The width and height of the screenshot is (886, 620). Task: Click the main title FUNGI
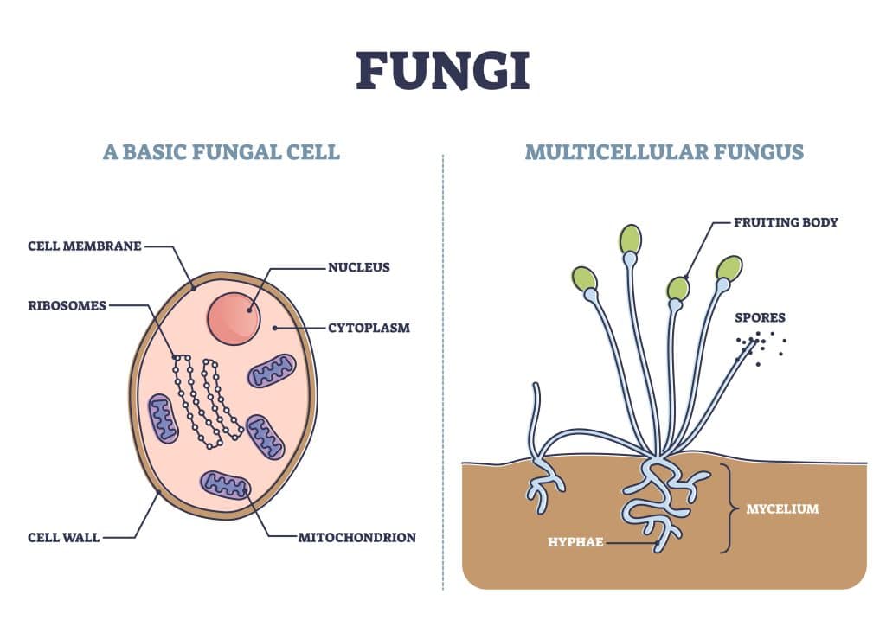click(442, 71)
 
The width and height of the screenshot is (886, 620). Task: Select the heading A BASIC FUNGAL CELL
click(221, 153)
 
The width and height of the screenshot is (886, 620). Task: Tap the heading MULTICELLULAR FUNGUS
click(664, 153)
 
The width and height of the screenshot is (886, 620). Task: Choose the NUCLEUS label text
click(358, 267)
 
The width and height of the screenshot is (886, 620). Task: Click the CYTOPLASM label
click(369, 328)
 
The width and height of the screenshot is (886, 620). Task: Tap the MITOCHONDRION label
click(356, 537)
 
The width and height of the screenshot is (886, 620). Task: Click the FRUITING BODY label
click(786, 222)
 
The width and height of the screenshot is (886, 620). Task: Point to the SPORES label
click(760, 317)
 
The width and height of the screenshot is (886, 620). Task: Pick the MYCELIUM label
click(782, 508)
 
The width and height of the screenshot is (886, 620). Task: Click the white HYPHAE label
click(575, 542)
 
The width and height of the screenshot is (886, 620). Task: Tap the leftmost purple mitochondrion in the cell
click(163, 419)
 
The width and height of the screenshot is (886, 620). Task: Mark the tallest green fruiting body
click(631, 239)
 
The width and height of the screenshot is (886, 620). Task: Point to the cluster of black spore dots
click(759, 345)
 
